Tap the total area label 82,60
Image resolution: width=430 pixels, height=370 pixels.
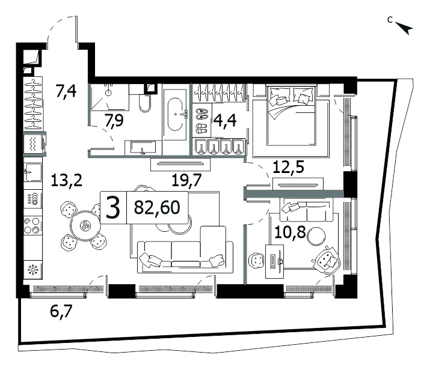coord(157,207)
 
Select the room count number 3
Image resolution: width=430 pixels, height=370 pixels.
coord(113,208)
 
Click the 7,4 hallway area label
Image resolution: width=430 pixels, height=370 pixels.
coord(66,91)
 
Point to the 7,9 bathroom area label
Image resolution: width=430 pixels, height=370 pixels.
coord(114,120)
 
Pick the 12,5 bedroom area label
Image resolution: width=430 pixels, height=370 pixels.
coord(289,167)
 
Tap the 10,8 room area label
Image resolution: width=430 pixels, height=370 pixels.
coord(290,232)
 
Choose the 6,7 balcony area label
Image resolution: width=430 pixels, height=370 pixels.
coord(61,311)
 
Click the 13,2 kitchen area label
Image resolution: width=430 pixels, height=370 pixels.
coord(67,180)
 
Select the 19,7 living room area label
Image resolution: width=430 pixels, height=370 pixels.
coord(187,180)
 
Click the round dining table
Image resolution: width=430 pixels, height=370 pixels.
coord(86,226)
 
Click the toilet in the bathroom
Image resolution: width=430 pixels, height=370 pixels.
coord(145,103)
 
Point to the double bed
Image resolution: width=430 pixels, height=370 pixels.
coord(290,122)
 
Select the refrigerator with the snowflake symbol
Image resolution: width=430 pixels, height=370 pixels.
coord(33,270)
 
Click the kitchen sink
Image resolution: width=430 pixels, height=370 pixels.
coord(33,172)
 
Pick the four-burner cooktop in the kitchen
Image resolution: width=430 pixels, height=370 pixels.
coord(33,225)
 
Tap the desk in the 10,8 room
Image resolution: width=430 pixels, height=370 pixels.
coord(275,261)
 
